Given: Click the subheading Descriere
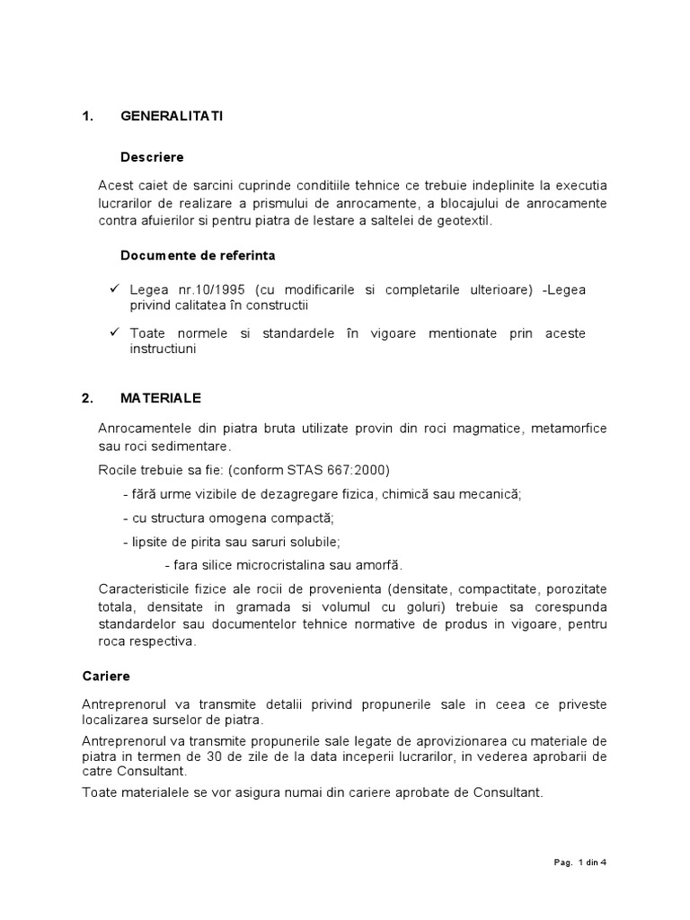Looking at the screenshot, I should click(x=152, y=157).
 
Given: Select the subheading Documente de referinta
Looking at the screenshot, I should click(x=198, y=255).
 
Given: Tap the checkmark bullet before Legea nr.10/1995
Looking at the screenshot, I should click(x=115, y=290).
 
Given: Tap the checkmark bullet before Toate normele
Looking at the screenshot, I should click(x=115, y=333).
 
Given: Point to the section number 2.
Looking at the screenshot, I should click(x=86, y=397).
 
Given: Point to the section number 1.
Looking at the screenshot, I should click(x=86, y=117).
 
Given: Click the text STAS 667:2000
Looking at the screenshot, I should click(x=349, y=470).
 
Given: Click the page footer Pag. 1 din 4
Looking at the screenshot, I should click(x=580, y=862).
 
